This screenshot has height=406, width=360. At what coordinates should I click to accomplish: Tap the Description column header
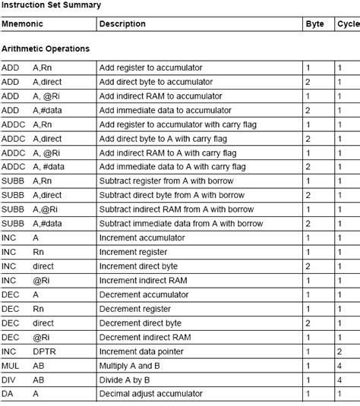point(122,24)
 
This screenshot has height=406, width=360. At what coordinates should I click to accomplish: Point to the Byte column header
point(314,24)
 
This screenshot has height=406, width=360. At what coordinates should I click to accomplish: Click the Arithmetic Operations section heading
point(46,49)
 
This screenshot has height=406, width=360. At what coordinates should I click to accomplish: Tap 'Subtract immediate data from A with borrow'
point(182,224)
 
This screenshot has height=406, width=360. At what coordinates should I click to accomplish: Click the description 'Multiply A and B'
point(132,366)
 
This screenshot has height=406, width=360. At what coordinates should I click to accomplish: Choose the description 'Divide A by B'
point(128,379)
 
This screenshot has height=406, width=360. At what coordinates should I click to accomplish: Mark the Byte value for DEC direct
point(308,323)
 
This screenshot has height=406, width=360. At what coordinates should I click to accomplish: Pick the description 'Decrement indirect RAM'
point(145,337)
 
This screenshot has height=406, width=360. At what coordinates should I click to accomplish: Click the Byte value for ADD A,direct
point(308,82)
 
